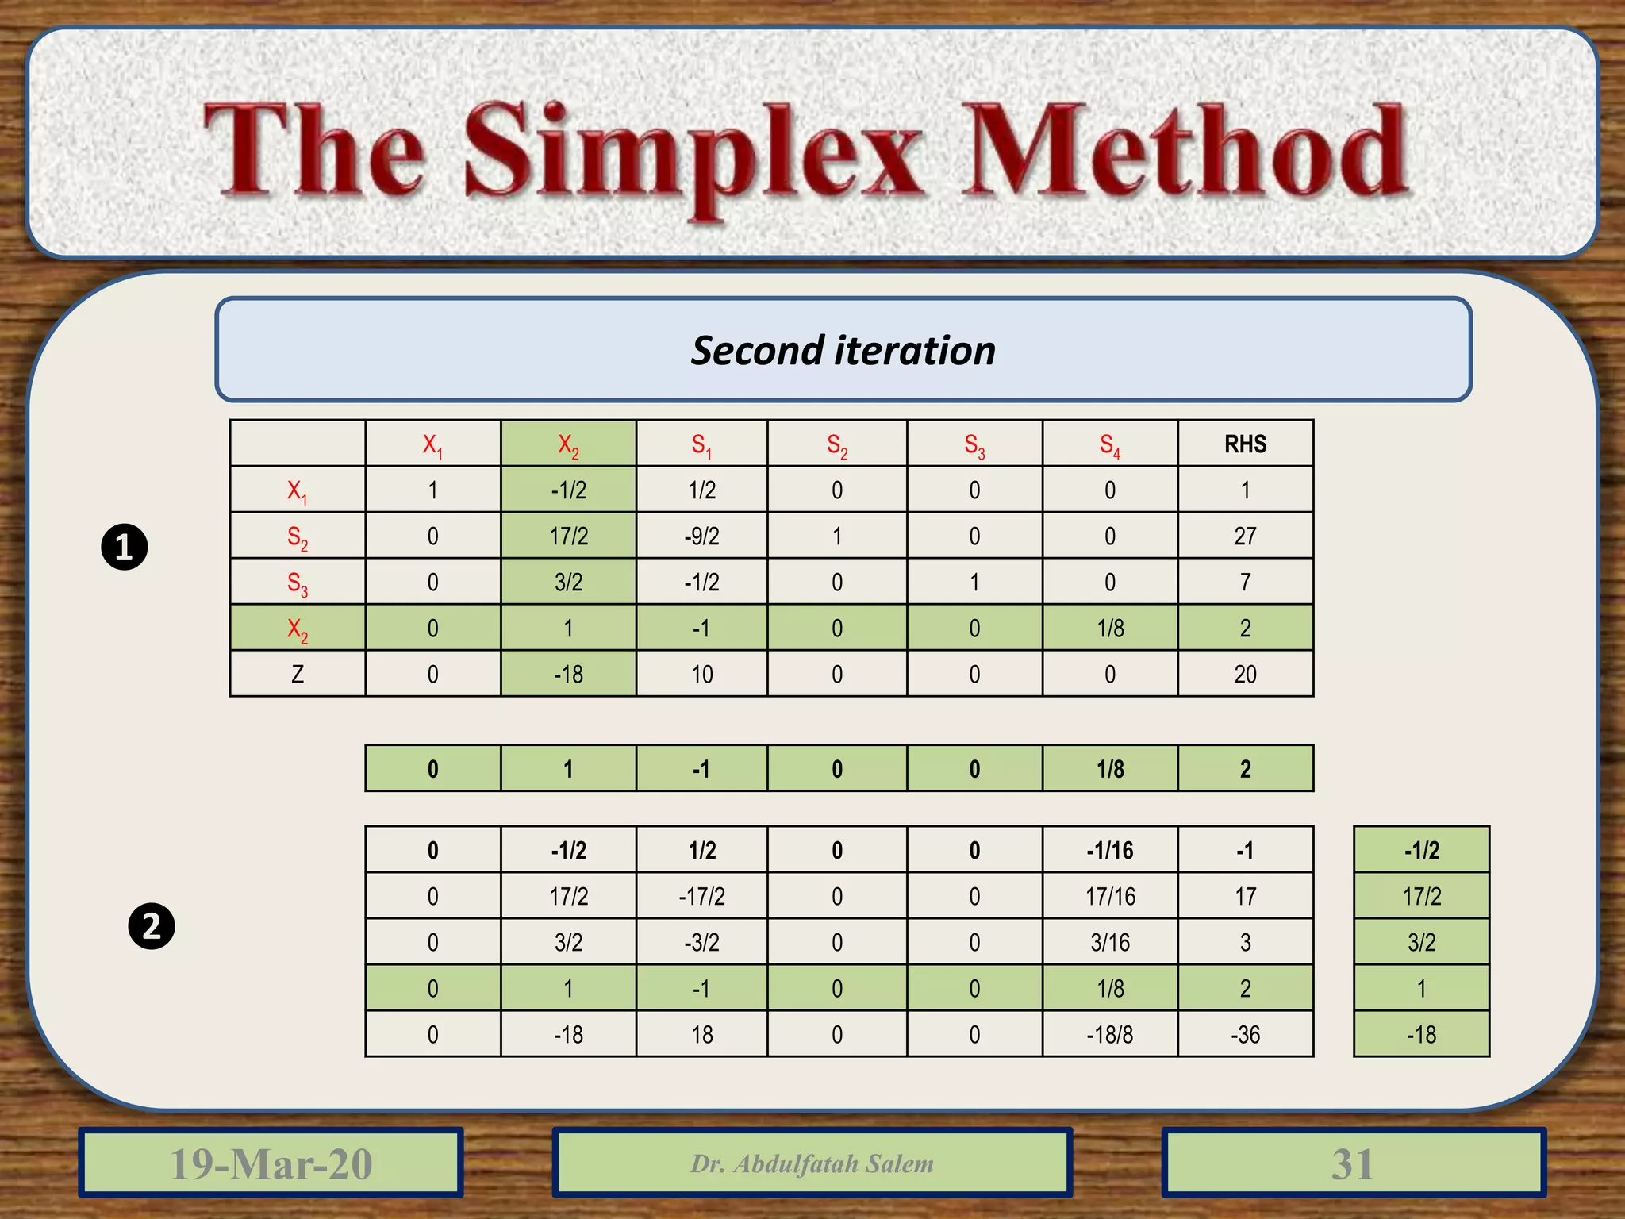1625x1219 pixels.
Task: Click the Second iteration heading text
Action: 843,351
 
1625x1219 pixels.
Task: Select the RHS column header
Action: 1245,444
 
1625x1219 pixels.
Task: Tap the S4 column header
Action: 1109,445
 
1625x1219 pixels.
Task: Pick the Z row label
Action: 298,675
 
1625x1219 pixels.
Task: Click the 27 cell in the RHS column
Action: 1245,536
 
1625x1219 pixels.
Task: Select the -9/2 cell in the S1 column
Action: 701,536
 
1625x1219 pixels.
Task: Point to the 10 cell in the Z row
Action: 701,675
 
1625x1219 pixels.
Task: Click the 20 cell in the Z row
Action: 1245,675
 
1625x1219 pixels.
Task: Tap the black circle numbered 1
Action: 125,547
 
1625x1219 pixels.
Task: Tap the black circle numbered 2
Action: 152,926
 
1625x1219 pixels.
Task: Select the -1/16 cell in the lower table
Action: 1109,851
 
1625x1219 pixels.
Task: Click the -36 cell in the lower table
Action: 1245,1035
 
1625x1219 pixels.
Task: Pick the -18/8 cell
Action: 1109,1035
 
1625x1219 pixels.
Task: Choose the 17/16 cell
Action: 1109,897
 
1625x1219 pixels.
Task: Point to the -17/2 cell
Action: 701,897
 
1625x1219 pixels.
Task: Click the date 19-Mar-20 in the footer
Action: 271,1163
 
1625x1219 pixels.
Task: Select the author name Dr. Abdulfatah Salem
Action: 812,1163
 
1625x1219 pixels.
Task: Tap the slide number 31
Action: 1353,1163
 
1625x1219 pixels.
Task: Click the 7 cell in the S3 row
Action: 1245,583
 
